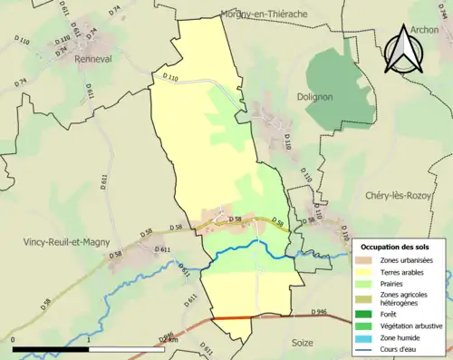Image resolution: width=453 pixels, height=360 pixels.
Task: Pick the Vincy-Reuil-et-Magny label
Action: (61, 243)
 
